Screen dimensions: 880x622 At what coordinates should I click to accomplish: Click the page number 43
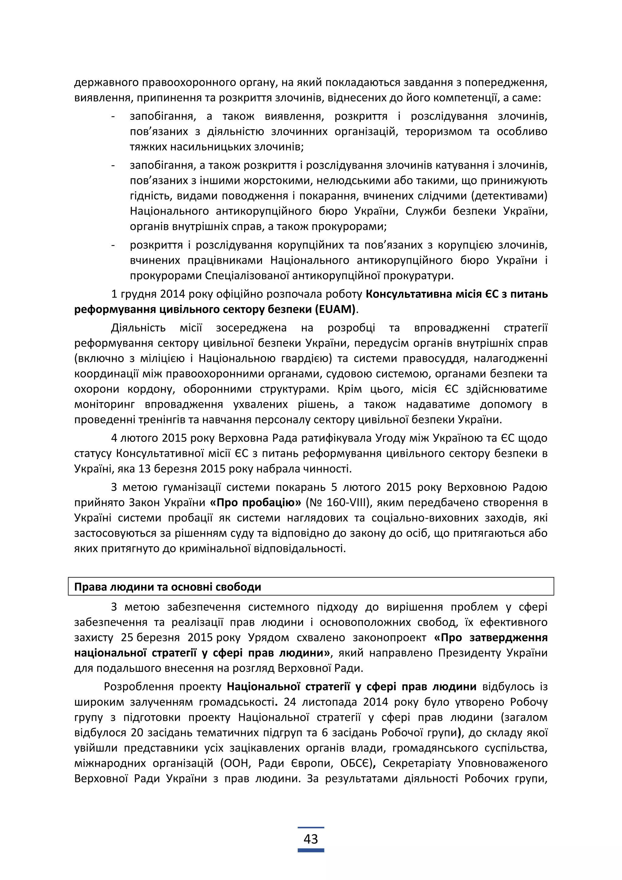point(311,839)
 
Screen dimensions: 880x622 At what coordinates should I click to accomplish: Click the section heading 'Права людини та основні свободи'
point(167,587)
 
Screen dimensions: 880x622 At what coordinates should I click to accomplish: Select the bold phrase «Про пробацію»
point(255,503)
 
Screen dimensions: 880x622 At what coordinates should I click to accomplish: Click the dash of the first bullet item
point(113,116)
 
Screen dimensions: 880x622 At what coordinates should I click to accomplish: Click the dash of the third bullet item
point(113,245)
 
